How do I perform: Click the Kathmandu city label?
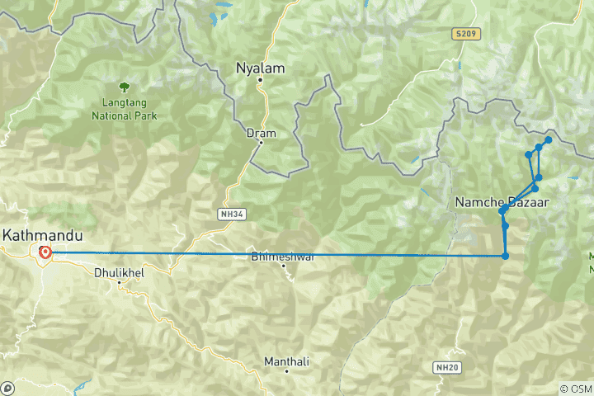tap(36, 235)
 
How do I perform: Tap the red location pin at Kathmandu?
tap(45, 252)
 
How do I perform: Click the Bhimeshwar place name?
tap(282, 257)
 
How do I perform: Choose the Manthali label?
tap(286, 361)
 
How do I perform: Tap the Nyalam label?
tap(260, 68)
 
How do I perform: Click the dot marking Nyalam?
tap(260, 80)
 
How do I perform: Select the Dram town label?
tap(261, 132)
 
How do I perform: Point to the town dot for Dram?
tap(261, 142)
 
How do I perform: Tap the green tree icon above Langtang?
tap(124, 85)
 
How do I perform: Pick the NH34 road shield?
tap(231, 214)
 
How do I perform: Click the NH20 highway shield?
tap(445, 365)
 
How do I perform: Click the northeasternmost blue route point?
tap(548, 140)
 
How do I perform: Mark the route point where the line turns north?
tap(505, 256)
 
